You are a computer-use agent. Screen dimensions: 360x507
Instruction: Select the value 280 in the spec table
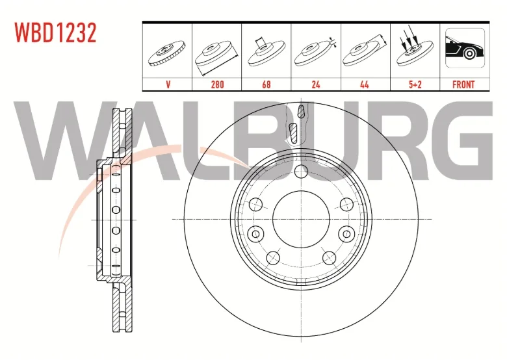point(217,84)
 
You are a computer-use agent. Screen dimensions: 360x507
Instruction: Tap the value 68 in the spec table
point(266,84)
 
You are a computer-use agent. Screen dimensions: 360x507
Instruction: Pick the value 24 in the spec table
point(316,84)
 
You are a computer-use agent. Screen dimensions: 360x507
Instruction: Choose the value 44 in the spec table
point(365,84)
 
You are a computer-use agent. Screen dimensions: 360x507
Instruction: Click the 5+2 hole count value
point(415,84)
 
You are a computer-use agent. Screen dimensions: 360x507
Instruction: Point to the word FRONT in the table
point(463,84)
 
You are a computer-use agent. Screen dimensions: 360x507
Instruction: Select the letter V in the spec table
point(168,84)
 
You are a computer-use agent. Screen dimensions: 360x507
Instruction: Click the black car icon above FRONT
point(463,51)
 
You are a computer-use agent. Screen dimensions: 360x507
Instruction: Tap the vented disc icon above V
point(168,53)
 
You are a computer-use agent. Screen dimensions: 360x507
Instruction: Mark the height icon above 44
point(365,52)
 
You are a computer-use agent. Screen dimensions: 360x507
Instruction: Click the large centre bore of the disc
point(300,219)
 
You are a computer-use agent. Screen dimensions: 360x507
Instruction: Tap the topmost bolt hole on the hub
point(300,172)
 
